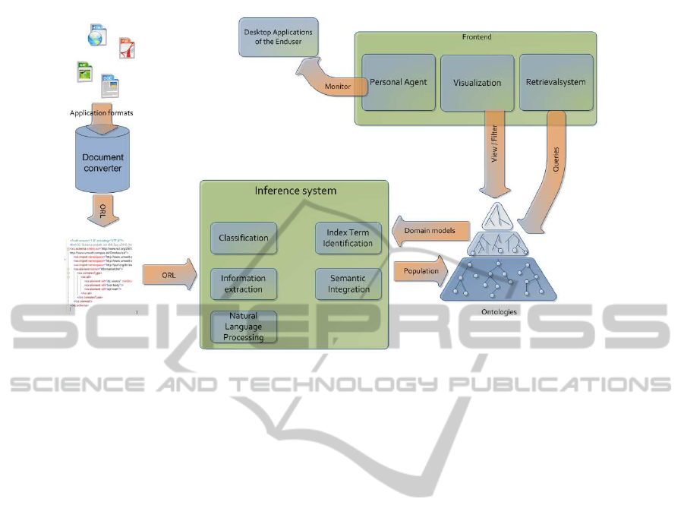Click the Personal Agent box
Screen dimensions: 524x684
tap(399, 82)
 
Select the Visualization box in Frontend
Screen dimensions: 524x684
tap(477, 82)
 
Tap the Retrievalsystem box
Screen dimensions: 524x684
tap(556, 82)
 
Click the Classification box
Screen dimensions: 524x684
tap(243, 238)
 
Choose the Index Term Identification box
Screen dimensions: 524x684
tap(349, 238)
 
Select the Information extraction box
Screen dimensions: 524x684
tap(243, 283)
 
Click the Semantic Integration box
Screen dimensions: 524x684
tap(349, 283)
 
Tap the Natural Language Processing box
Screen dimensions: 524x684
tap(243, 326)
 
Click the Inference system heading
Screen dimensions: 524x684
tap(295, 190)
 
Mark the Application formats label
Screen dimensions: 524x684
tap(102, 113)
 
